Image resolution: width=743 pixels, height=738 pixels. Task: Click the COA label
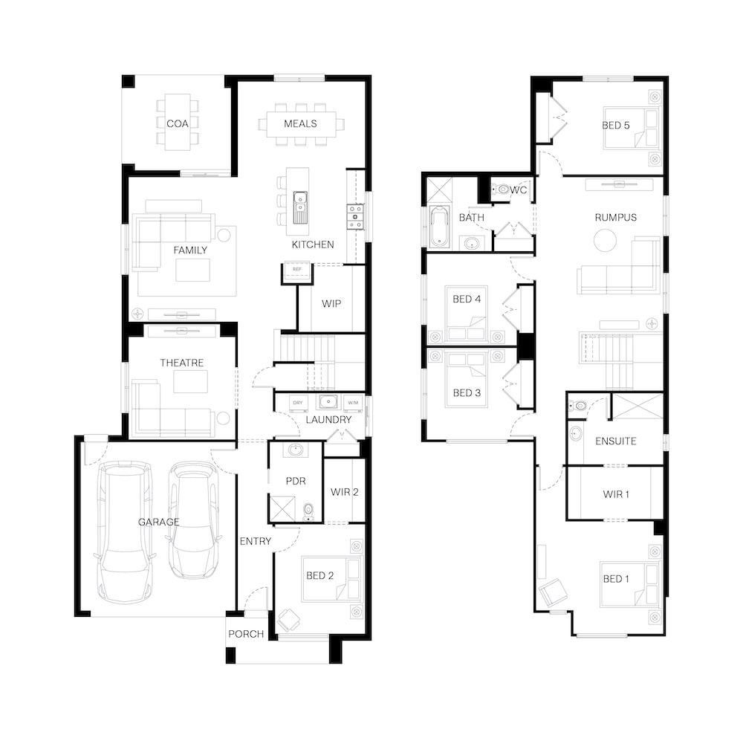pos(178,123)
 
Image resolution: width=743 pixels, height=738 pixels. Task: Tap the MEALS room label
pos(300,123)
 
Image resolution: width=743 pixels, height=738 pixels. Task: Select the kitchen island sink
pos(300,207)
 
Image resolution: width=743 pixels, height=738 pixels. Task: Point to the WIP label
pos(331,304)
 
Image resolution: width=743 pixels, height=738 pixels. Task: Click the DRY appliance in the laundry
pos(298,403)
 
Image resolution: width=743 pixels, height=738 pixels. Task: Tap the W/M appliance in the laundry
pos(353,403)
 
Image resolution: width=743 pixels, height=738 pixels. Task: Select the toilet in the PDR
pos(308,512)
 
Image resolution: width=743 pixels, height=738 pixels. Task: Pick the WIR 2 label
pos(345,492)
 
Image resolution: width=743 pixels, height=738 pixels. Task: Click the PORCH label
pos(246,634)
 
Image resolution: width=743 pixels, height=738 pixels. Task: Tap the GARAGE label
pos(159,522)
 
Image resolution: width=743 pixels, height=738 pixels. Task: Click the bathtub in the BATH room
pos(439,227)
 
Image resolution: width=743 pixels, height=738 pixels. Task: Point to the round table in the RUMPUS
pos(605,240)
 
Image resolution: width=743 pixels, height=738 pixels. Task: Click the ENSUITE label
pos(615,441)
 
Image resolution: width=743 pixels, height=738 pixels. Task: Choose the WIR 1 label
pos(616,494)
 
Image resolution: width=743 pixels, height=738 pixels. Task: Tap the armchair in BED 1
pos(553,592)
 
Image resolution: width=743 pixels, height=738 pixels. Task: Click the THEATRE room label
pos(182,363)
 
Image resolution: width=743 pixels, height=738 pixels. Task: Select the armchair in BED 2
pos(288,620)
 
